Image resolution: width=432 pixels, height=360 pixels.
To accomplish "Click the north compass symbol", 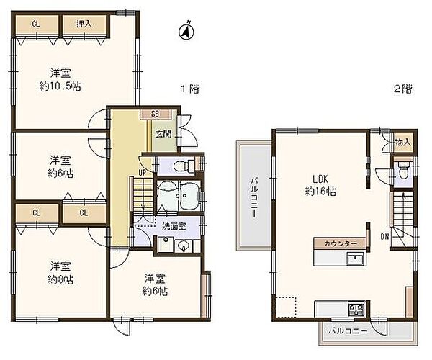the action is click(186, 30).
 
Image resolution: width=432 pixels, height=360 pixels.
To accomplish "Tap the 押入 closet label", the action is click(84, 24).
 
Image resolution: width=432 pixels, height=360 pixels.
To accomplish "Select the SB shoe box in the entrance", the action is click(155, 114).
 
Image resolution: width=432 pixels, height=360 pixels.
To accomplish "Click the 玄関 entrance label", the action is click(163, 134).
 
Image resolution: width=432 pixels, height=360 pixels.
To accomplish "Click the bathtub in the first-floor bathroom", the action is click(189, 196).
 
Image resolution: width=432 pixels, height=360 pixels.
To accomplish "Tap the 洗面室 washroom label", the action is click(174, 226).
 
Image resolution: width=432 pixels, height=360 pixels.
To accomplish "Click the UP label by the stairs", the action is click(143, 173).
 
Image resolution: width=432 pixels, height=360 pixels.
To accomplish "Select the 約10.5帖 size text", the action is click(60, 87).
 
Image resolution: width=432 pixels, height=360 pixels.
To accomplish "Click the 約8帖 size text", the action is click(60, 280).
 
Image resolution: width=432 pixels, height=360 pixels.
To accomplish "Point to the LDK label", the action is click(320, 179).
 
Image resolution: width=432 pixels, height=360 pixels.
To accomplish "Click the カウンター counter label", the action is click(341, 243).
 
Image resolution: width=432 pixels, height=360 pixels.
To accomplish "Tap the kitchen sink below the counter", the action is click(356, 259).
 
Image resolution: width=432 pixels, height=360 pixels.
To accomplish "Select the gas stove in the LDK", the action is click(356, 309).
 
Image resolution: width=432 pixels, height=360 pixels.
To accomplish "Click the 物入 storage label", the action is click(403, 143).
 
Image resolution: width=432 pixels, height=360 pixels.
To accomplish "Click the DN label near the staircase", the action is click(385, 236).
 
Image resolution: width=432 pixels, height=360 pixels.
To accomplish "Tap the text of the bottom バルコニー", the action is click(348, 330).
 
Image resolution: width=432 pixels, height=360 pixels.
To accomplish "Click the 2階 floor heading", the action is click(403, 89).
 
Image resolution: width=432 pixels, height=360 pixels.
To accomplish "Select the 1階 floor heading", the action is click(190, 89).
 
